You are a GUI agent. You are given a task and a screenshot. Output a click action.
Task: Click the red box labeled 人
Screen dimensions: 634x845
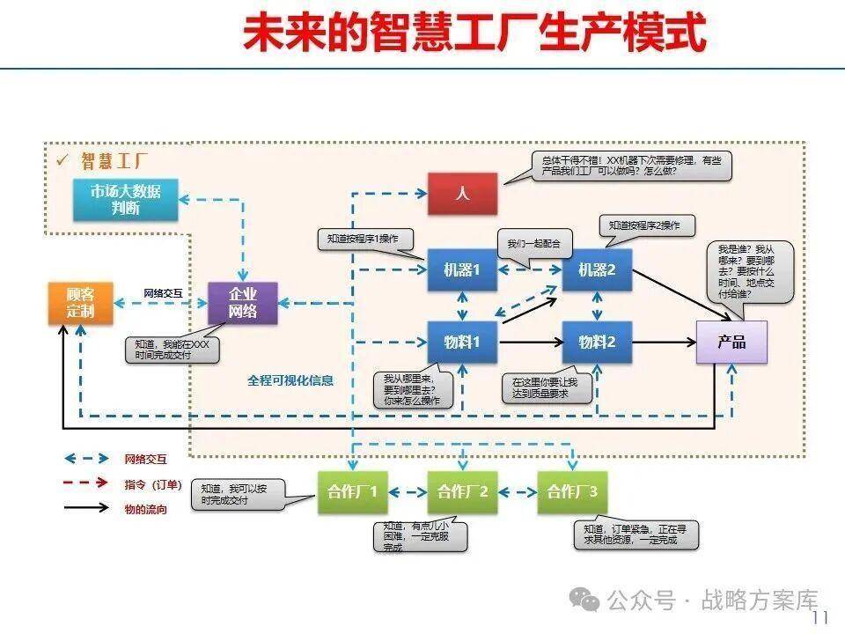click(x=462, y=194)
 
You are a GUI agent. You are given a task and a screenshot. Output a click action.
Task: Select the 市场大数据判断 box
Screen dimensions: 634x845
click(x=126, y=200)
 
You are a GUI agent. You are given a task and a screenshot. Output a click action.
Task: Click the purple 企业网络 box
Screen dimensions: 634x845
click(x=242, y=303)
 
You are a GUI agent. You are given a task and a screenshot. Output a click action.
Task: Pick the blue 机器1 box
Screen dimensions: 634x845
click(x=462, y=270)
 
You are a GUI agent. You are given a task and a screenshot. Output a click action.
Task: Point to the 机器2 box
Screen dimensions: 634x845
click(x=597, y=270)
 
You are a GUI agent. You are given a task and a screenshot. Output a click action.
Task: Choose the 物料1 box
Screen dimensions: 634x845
click(x=462, y=342)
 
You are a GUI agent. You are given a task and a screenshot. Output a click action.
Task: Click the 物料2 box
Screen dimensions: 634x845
click(x=597, y=342)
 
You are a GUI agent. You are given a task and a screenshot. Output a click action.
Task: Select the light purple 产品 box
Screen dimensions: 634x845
click(x=731, y=342)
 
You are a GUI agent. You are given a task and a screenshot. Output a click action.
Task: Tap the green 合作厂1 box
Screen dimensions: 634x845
click(x=352, y=492)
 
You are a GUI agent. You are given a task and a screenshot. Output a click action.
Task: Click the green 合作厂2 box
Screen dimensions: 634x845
click(x=462, y=492)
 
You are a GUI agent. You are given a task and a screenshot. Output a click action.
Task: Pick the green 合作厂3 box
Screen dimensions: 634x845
click(x=572, y=492)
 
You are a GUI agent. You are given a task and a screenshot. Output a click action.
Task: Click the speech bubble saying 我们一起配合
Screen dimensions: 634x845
click(x=533, y=242)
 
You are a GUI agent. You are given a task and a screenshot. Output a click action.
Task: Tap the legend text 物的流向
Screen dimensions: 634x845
click(x=145, y=509)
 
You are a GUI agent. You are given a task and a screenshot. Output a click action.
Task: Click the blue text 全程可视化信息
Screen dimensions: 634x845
click(x=290, y=380)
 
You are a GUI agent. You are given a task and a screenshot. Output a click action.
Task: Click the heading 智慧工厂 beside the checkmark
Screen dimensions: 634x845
click(x=114, y=161)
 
